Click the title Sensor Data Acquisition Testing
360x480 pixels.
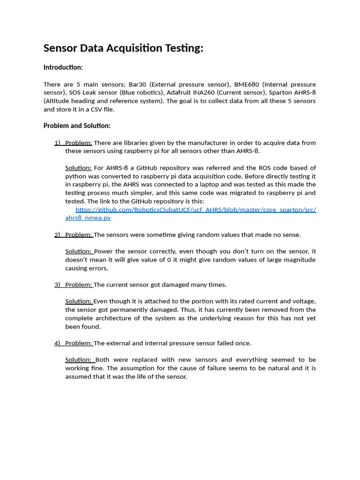point(123,48)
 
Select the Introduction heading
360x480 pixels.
point(63,67)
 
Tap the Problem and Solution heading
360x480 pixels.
point(77,126)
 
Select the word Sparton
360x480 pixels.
point(282,93)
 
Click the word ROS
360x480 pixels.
point(265,168)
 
